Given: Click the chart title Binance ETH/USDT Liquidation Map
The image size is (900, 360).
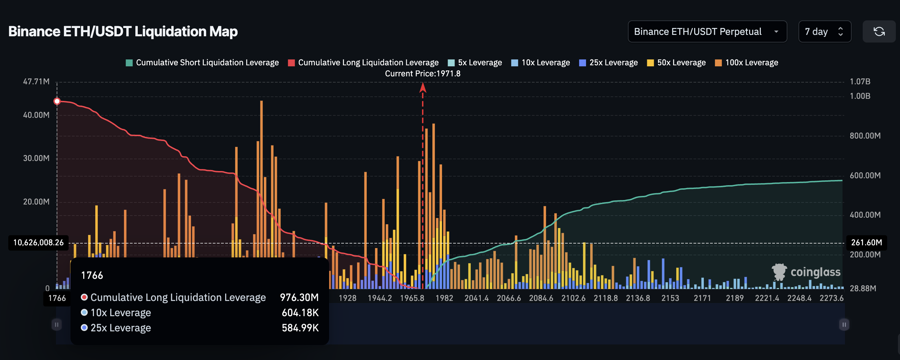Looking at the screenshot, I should (123, 31).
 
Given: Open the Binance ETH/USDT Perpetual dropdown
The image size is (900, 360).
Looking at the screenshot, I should (707, 31).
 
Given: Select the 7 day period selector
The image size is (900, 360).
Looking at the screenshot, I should (824, 31).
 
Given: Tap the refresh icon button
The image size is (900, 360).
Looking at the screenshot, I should (879, 31).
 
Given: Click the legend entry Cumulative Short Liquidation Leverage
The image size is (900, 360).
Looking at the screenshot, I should (202, 63).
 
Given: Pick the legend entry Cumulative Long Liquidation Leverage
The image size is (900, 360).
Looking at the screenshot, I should (363, 63).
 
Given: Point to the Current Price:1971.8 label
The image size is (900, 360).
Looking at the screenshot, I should (422, 73).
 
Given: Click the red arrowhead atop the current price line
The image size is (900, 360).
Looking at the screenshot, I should (422, 87).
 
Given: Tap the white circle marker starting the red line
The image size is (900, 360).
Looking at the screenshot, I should (57, 101).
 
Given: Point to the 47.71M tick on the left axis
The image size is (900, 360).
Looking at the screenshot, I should (36, 82).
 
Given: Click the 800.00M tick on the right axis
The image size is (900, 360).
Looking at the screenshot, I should (865, 136).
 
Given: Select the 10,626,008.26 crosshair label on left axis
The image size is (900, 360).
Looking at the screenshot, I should (38, 243).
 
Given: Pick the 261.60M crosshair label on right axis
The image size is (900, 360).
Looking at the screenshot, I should (866, 243).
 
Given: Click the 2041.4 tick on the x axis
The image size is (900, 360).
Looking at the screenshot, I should (476, 298).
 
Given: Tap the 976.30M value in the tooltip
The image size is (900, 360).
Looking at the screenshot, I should (299, 297).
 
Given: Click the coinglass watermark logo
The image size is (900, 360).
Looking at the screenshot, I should (806, 272).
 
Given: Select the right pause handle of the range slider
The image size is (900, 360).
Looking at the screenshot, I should (844, 325).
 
